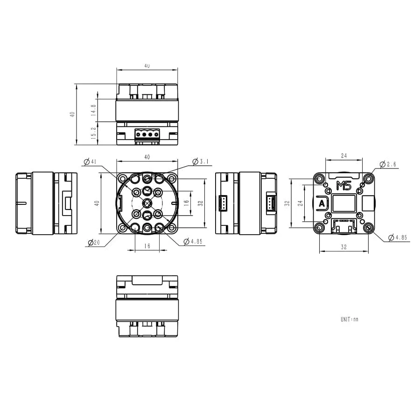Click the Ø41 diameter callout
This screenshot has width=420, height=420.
[90, 162]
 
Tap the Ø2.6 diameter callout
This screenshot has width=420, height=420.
[388, 164]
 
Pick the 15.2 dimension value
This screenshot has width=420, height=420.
[94, 133]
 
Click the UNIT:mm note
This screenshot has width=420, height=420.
[349, 320]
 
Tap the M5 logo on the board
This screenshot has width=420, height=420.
[343, 186]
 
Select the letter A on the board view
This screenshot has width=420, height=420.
[322, 204]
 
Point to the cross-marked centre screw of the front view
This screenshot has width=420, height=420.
[147, 203]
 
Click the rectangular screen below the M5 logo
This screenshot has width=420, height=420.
[344, 203]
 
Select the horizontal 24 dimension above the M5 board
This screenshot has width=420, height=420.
[344, 155]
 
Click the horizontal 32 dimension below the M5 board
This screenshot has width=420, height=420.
[344, 247]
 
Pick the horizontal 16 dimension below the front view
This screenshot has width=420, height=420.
[147, 246]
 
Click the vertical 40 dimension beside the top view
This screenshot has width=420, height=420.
[72, 114]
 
